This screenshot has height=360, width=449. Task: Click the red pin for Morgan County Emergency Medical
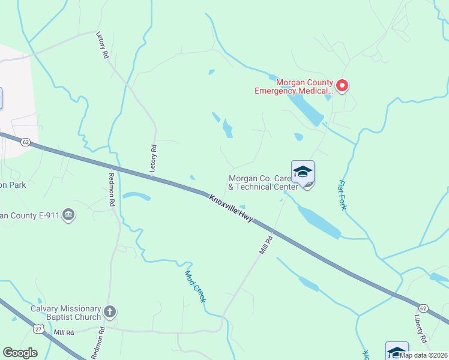pyautogui.click(x=342, y=86)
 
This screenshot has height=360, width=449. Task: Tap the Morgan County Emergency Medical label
pyautogui.click(x=294, y=86)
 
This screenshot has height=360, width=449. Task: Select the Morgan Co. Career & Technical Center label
pyautogui.click(x=263, y=182)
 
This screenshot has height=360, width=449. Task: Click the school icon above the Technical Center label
pyautogui.click(x=303, y=172)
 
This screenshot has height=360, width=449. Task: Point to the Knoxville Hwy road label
pyautogui.click(x=231, y=208)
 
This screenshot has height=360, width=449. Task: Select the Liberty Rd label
pyautogui.click(x=420, y=329)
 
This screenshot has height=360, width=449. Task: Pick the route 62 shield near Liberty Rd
pyautogui.click(x=424, y=308)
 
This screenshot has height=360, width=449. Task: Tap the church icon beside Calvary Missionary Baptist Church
pyautogui.click(x=109, y=311)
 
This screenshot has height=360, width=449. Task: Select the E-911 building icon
pyautogui.click(x=68, y=215)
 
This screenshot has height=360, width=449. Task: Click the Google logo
pyautogui.click(x=20, y=353)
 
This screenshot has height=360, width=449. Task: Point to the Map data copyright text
pyautogui.click(x=423, y=355)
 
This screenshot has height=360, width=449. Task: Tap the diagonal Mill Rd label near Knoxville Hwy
pyautogui.click(x=266, y=244)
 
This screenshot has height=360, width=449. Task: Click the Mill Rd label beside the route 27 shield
pyautogui.click(x=64, y=332)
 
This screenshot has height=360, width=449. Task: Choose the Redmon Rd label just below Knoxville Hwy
pyautogui.click(x=111, y=190)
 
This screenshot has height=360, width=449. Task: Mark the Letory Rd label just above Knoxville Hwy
pyautogui.click(x=154, y=159)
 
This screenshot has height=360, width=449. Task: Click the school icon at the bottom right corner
pyautogui.click(x=397, y=351)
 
